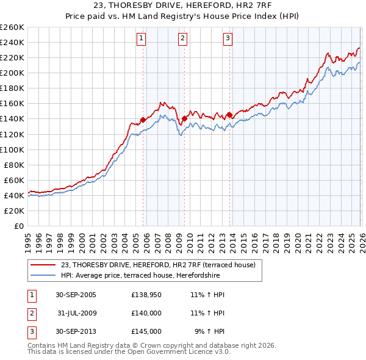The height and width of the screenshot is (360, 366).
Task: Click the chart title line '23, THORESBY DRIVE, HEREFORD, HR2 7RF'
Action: pyautogui.click(x=183, y=6)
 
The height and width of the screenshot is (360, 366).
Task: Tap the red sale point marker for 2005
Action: pyautogui.click(x=143, y=120)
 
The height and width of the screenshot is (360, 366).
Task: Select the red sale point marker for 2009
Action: pyautogui.click(x=184, y=118)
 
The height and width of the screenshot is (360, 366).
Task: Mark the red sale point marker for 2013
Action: pyautogui.click(x=229, y=115)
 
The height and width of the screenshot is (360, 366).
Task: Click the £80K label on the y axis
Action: pyautogui.click(x=14, y=165)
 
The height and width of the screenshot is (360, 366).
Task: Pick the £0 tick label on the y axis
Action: pyautogui.click(x=18, y=226)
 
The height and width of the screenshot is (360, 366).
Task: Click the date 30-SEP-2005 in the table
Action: pyautogui.click(x=76, y=295)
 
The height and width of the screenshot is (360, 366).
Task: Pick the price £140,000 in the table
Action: pyautogui.click(x=146, y=313)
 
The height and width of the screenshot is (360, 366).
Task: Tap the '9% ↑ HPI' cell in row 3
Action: pyautogui.click(x=209, y=331)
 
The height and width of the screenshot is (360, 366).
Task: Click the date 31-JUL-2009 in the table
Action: pyautogui.click(x=76, y=313)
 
